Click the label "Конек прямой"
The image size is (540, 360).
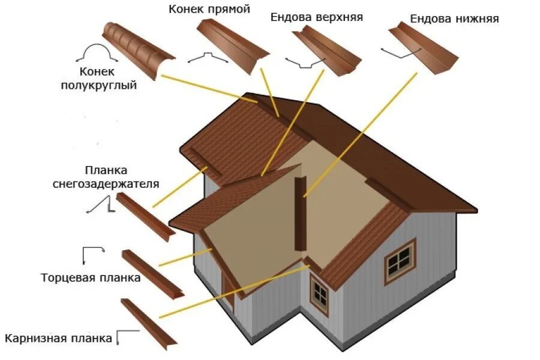click(x=209, y=9)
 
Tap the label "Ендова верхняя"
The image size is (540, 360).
click(x=316, y=17)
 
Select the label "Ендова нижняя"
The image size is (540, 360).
click(x=454, y=19)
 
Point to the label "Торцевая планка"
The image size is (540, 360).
click(x=91, y=278)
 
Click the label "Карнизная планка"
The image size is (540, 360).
click(x=58, y=338)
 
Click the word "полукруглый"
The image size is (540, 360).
click(x=99, y=85)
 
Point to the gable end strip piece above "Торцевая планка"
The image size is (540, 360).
click(x=152, y=272)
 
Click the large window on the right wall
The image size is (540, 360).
click(x=400, y=260)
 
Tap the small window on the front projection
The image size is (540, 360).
click(x=319, y=294)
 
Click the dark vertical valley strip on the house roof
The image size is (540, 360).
click(x=300, y=213)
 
